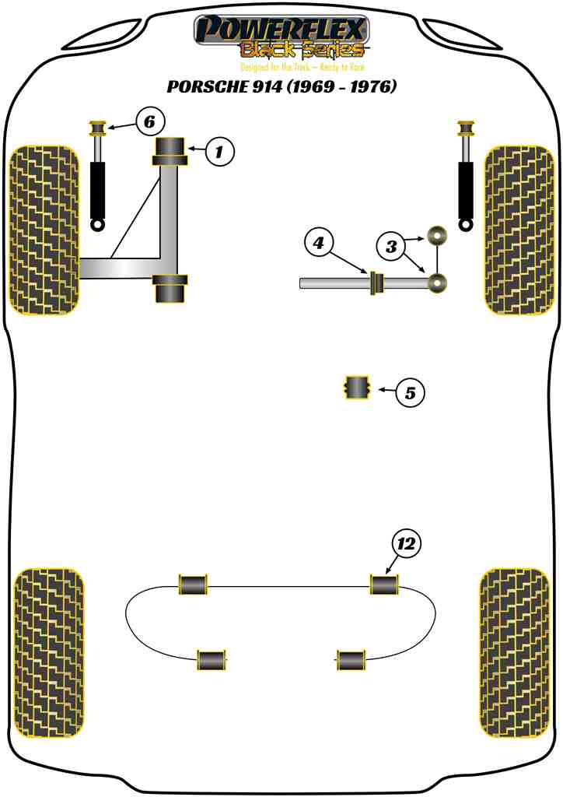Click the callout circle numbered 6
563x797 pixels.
pyautogui.click(x=149, y=121)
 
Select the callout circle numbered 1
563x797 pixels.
pyautogui.click(x=219, y=152)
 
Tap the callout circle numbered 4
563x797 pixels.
pyautogui.click(x=318, y=244)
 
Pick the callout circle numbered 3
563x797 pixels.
pyautogui.click(x=392, y=248)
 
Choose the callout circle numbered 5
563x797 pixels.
pyautogui.click(x=410, y=393)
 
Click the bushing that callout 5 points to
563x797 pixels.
pyautogui.click(x=357, y=388)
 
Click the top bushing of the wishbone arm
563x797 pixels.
pyautogui.click(x=170, y=150)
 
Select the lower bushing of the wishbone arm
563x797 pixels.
pyautogui.click(x=170, y=289)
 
